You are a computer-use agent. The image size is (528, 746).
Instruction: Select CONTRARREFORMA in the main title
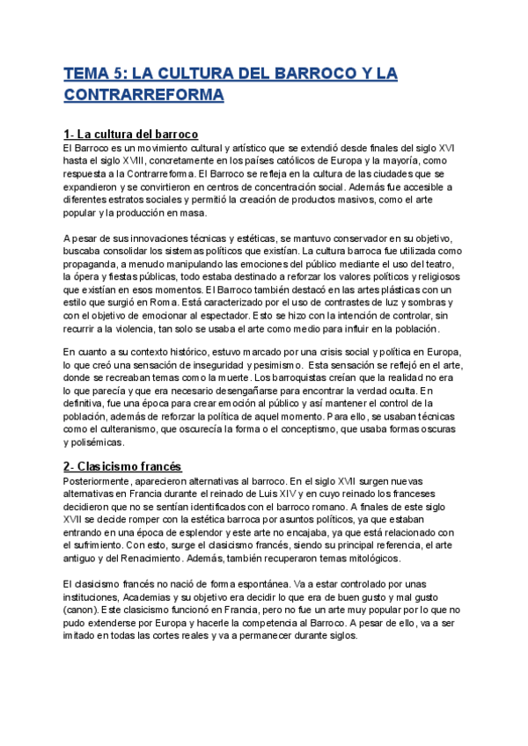143,95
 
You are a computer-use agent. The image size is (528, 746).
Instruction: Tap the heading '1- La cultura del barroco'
130,134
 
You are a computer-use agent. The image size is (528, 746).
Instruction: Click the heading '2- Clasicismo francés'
122,466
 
